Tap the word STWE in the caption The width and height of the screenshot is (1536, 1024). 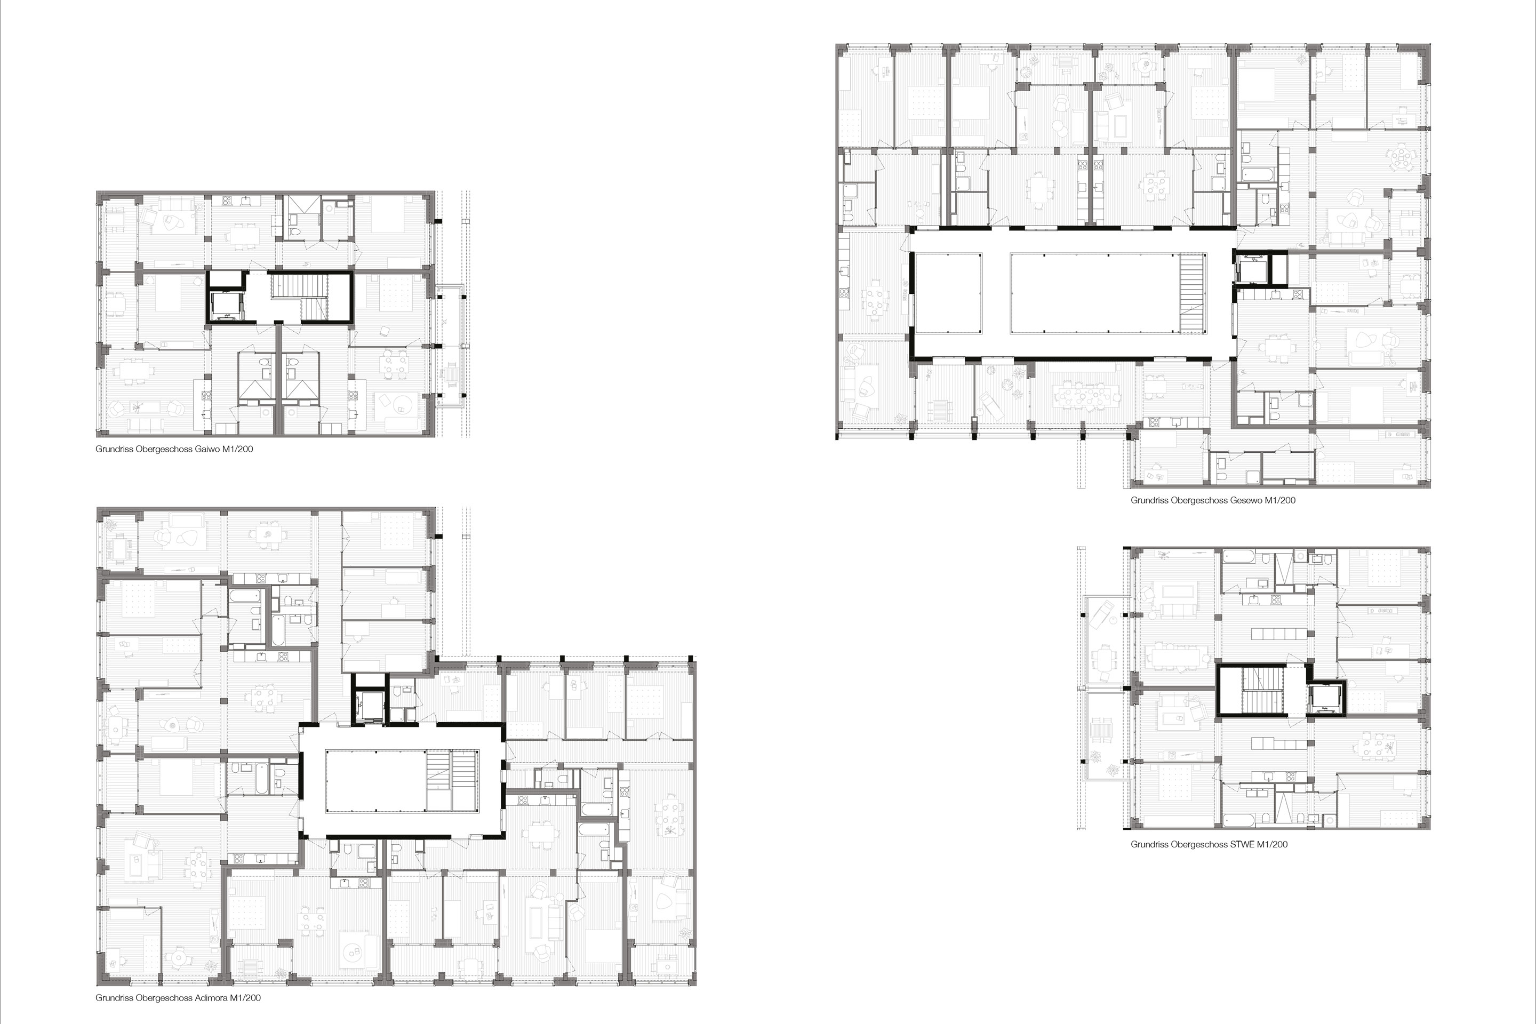pyautogui.click(x=1242, y=844)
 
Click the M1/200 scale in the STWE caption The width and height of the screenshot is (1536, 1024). pyautogui.click(x=1272, y=844)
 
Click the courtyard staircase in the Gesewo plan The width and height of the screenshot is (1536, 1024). pyautogui.click(x=1193, y=294)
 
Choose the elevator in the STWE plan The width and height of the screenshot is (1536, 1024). pyautogui.click(x=1325, y=698)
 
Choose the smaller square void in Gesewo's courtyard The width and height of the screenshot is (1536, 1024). pyautogui.click(x=948, y=294)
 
